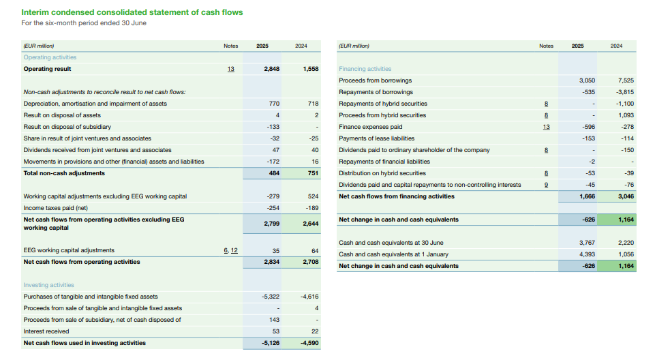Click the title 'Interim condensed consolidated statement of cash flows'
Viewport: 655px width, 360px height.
(132, 12)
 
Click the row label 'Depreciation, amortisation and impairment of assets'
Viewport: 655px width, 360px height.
(95, 104)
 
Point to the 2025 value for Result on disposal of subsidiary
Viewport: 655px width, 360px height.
(272, 127)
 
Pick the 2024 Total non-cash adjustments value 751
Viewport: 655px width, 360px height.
(312, 173)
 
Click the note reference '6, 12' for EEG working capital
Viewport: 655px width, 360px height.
(230, 250)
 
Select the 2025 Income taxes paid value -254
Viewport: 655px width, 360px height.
(272, 208)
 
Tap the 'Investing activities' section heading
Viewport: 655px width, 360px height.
(48, 285)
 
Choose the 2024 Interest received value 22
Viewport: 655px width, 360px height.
(314, 331)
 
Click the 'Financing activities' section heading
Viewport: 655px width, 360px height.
(365, 69)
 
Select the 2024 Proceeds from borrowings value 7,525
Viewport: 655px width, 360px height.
(625, 80)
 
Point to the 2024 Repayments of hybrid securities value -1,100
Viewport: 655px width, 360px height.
(625, 104)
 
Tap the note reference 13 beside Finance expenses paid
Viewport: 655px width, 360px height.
(546, 127)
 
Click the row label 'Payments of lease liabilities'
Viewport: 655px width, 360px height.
(376, 138)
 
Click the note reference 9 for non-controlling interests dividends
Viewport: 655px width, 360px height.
(546, 185)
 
